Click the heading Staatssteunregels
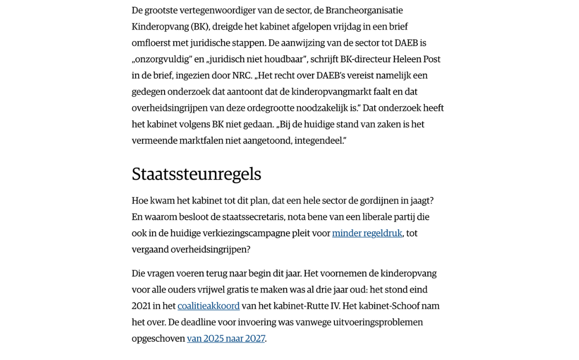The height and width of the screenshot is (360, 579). click(x=196, y=174)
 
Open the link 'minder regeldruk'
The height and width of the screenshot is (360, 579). click(x=367, y=233)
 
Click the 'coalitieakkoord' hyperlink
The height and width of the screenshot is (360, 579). click(x=209, y=306)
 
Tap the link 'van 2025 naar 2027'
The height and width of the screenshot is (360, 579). click(x=226, y=338)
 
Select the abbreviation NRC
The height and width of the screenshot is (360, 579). click(x=242, y=76)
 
